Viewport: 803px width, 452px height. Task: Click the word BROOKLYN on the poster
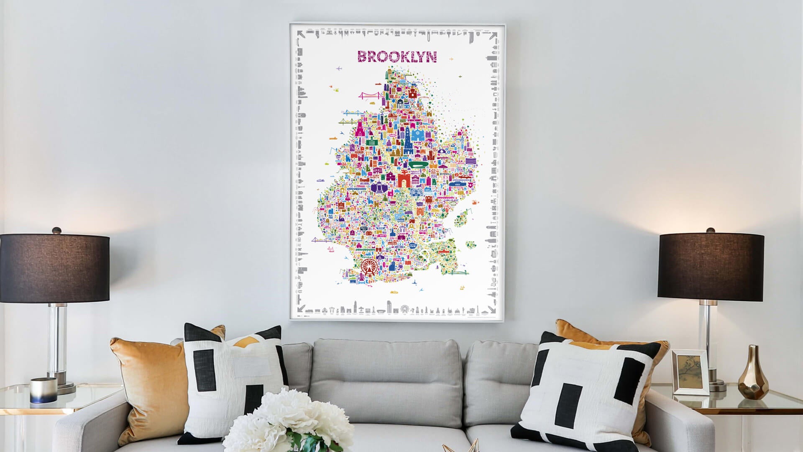396,56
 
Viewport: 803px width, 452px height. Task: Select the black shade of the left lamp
54,267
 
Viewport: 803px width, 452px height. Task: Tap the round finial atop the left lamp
56,230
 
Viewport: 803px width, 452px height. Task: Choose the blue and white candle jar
43,390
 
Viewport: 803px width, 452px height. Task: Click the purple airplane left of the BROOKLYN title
339,68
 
